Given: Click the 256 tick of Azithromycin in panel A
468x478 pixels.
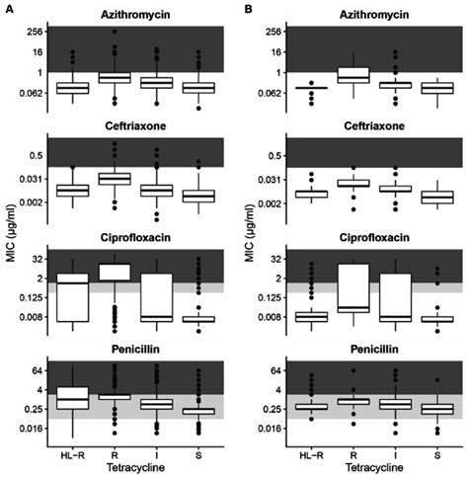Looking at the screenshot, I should click(x=41, y=32).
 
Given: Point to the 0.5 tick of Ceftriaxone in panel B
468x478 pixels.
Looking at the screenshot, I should click(x=276, y=155).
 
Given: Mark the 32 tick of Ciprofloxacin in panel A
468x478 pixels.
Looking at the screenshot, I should click(x=43, y=258).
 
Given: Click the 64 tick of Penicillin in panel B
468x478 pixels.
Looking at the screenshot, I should click(x=278, y=370).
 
